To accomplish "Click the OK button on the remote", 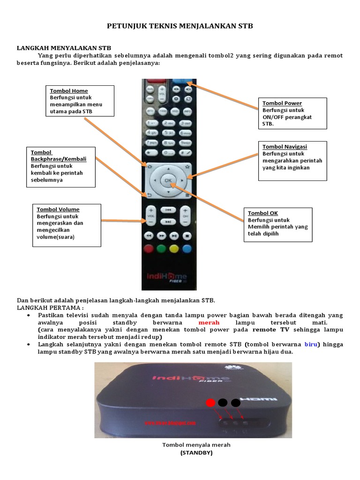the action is pos(168,180).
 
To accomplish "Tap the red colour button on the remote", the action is pos(149,249).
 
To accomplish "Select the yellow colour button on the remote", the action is pos(174,249).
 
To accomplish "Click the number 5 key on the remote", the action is pos(168,133).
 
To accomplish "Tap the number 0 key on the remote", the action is pos(168,153).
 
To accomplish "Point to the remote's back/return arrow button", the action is pos(150,195).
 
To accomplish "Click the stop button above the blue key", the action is pos(187,235).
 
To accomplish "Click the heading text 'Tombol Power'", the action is pos(282,103).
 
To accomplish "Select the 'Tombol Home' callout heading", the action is pos(69,91).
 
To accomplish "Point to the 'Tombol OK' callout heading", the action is pos(262,213).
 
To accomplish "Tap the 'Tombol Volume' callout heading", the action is pos(58,210).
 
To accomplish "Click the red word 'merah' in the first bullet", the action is pos(209,323).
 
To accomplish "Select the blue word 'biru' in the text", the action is pos(311,344).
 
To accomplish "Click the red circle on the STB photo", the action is pos(211,402).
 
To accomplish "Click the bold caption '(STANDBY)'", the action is pos(196,453).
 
